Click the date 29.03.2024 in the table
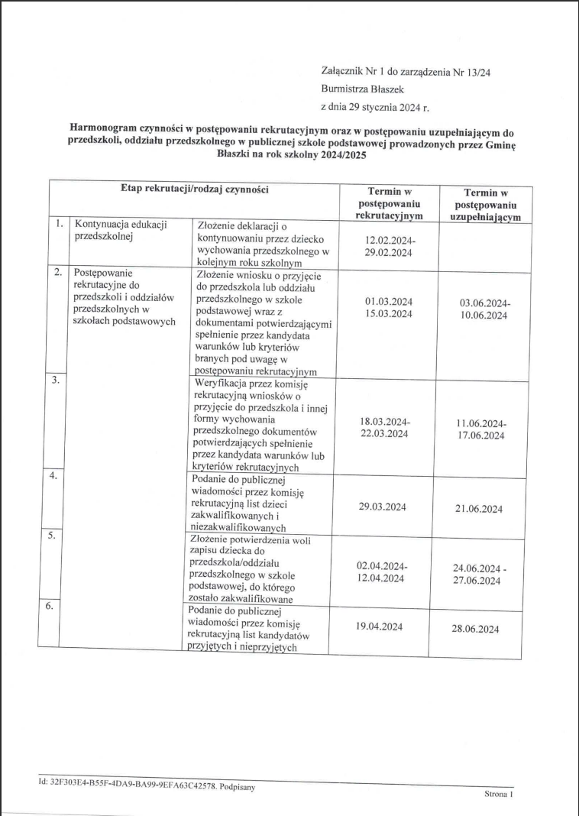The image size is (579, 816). (382, 507)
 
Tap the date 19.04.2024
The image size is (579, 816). (379, 627)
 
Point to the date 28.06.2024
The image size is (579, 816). (477, 629)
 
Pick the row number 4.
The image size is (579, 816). (54, 476)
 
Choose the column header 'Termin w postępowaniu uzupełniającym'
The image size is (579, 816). (486, 206)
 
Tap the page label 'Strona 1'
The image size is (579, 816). (500, 795)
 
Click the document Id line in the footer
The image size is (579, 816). (146, 785)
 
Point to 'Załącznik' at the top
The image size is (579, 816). (345, 72)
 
